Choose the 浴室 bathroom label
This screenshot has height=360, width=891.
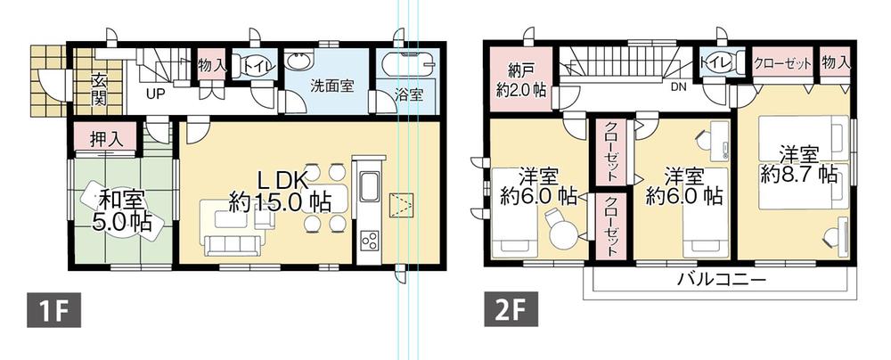tap(408, 93)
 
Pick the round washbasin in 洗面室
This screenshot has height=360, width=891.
tap(299, 61)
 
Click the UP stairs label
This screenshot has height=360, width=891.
tap(153, 93)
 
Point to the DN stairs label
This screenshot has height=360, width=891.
tap(677, 87)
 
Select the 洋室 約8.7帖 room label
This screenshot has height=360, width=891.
tap(797, 165)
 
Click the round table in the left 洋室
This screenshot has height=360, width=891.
tap(563, 235)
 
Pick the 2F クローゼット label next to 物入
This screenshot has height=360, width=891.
tap(781, 62)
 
